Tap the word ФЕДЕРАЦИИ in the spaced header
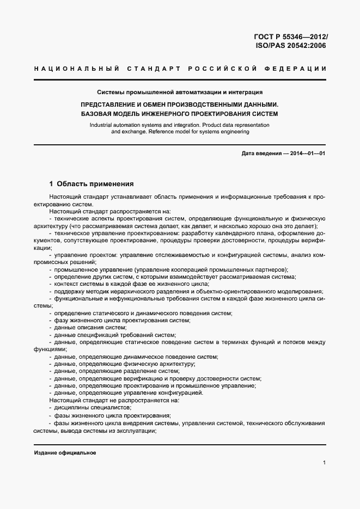point(297,69)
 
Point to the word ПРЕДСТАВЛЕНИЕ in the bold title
point(111,104)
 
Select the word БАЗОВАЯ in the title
point(96,114)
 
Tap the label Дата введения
point(260,154)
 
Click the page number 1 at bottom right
point(324,463)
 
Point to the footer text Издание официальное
point(65,453)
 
